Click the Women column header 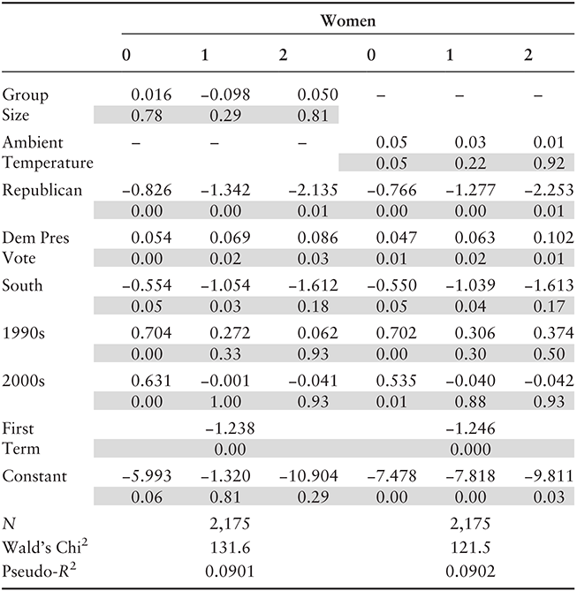tap(348, 20)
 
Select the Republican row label tap(42, 190)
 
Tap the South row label tap(22, 285)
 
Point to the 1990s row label tap(23, 333)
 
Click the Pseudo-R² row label tap(39, 571)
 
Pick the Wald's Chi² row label tap(45, 547)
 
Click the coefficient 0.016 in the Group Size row tap(151, 95)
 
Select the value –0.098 tap(225, 95)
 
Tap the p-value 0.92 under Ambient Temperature tap(549, 163)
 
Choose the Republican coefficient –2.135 tap(313, 190)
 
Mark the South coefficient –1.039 tap(470, 285)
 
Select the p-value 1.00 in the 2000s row tap(225, 401)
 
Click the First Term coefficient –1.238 tap(230, 428)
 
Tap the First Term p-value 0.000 tap(470, 449)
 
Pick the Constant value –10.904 tap(308, 476)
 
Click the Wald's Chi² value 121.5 tap(470, 548)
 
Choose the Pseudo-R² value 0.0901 tap(230, 572)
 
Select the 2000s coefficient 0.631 tap(151, 381)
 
